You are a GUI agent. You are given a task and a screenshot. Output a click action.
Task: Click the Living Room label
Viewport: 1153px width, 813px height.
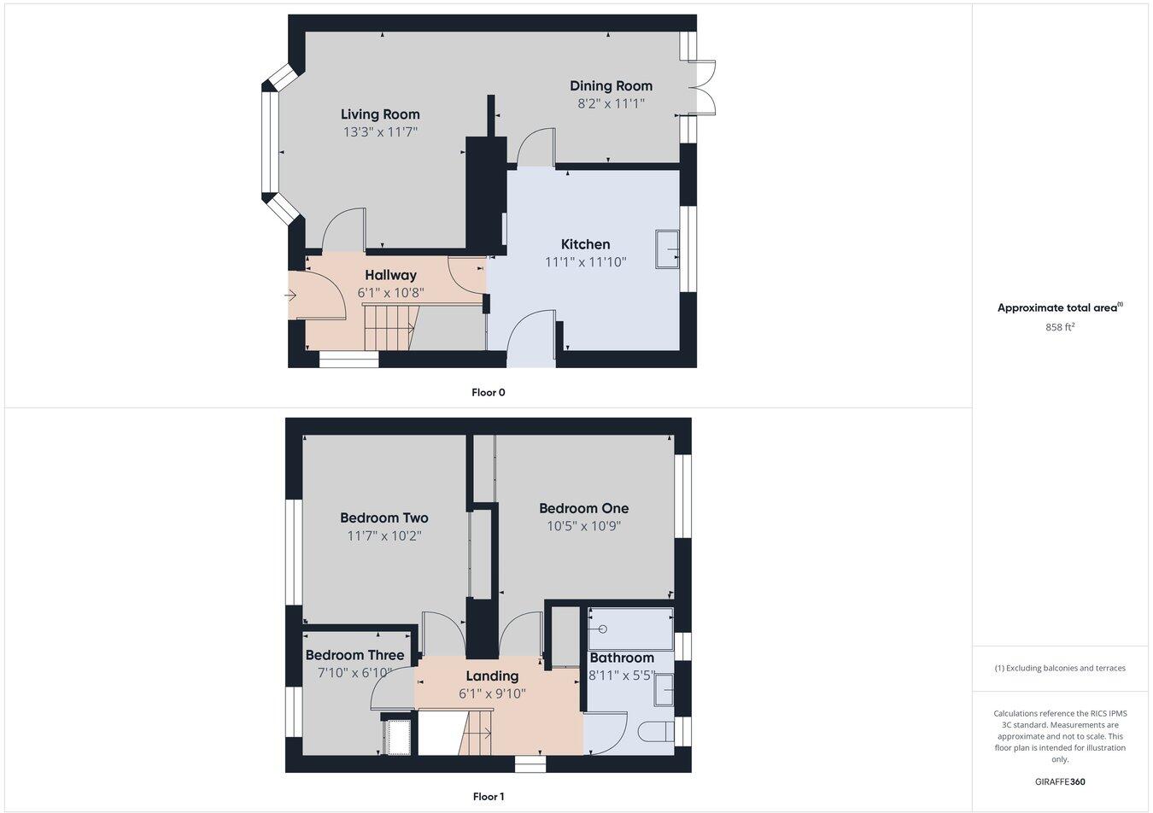380,114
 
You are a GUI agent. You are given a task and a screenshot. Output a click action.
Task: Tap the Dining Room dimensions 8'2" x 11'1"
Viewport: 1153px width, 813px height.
611,103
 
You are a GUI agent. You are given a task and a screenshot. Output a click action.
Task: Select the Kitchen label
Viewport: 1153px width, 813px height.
585,244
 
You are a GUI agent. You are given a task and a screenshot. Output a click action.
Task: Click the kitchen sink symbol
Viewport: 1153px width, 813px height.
667,249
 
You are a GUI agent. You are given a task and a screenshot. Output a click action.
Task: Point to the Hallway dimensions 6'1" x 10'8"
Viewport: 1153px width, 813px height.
390,293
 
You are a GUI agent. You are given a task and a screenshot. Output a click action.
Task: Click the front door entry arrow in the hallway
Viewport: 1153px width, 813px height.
291,296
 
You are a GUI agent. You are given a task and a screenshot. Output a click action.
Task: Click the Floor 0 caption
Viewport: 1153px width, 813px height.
489,393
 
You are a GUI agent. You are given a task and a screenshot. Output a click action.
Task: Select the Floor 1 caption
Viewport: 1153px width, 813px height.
489,797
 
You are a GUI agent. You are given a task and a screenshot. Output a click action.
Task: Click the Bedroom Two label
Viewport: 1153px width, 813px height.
383,518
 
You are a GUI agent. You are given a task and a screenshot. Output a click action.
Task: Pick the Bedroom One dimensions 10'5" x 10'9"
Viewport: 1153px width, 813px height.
583,526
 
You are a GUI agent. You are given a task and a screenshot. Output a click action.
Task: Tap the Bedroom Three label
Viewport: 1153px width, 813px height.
354,655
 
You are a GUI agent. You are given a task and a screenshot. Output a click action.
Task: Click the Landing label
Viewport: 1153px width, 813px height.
492,676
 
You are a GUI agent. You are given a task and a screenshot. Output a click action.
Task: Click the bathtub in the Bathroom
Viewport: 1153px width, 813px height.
630,629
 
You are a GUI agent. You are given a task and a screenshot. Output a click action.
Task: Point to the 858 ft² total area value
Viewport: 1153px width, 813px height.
1060,327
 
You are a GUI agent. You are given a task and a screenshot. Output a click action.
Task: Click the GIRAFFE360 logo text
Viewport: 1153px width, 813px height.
1060,781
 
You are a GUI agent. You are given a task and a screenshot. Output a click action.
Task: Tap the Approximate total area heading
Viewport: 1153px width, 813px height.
1059,308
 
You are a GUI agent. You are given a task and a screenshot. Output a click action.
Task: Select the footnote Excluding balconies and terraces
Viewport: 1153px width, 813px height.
1060,669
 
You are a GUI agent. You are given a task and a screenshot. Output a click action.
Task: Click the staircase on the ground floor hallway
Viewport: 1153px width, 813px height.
389,328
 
